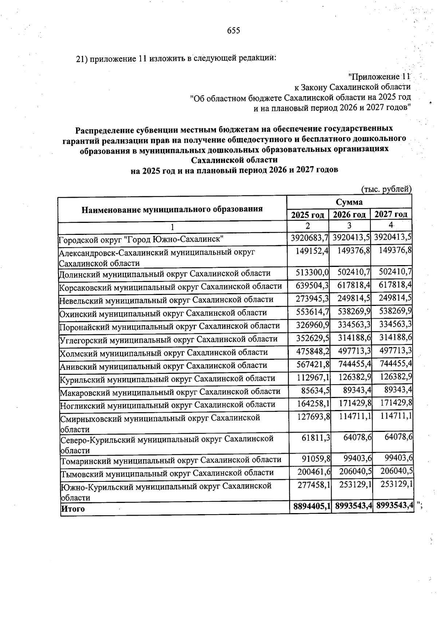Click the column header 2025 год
(x=308, y=215)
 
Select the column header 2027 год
(x=391, y=214)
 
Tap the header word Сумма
(x=349, y=202)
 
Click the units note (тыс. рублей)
(x=386, y=189)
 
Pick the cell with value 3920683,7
(x=310, y=239)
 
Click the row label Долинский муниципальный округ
(x=165, y=273)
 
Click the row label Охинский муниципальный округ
(x=163, y=313)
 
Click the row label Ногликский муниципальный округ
(x=167, y=405)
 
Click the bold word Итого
(x=73, y=509)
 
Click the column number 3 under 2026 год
(x=349, y=225)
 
